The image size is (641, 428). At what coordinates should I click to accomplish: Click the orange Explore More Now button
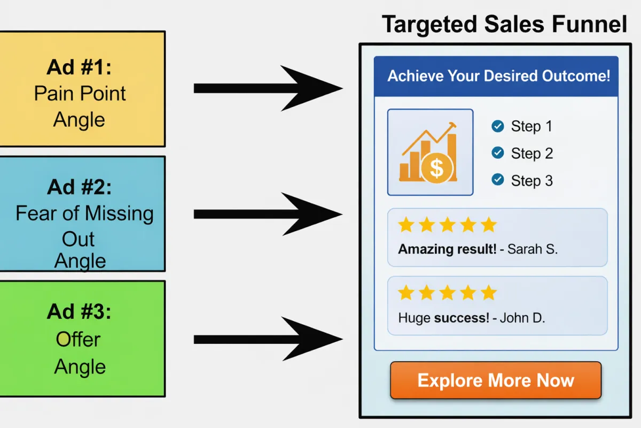[496, 380]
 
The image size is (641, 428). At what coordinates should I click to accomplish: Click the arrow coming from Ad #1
[267, 88]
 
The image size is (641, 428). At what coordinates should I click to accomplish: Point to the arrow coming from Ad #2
[267, 214]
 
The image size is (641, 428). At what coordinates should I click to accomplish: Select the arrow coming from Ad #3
[267, 339]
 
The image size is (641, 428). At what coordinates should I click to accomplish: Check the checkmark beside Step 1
[497, 126]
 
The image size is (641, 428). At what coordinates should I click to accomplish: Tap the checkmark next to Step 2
[497, 153]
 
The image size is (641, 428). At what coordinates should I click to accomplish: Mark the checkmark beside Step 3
[497, 180]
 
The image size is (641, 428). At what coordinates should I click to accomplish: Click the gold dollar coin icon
[436, 168]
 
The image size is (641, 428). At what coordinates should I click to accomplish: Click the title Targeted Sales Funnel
[504, 24]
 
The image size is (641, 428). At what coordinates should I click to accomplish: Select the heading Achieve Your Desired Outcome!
[498, 75]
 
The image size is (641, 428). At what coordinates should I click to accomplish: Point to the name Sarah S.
[532, 249]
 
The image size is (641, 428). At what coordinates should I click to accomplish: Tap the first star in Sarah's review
[406, 225]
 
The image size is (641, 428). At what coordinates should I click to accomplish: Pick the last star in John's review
[488, 293]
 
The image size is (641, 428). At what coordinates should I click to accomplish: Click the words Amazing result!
[447, 249]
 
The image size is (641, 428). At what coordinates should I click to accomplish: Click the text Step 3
[531, 180]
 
